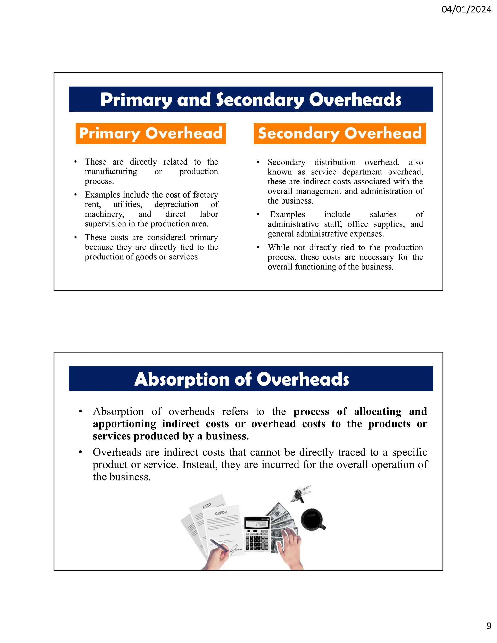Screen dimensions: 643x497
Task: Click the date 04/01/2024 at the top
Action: coord(466,9)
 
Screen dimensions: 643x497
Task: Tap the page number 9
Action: coord(489,634)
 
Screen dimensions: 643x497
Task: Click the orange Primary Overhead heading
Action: coord(151,133)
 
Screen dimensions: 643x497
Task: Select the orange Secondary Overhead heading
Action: coord(340,133)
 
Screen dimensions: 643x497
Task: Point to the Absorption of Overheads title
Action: coord(242,379)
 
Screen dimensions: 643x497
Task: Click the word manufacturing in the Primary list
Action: coord(111,172)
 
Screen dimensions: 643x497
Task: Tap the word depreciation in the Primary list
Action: coord(176,205)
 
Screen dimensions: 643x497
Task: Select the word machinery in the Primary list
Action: coord(104,214)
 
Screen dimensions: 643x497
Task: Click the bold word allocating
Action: coord(377,412)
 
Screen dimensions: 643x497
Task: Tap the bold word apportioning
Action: coord(124,424)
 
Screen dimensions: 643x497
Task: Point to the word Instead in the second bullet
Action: coord(200,465)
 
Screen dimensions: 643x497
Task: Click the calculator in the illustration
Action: coord(257,534)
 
